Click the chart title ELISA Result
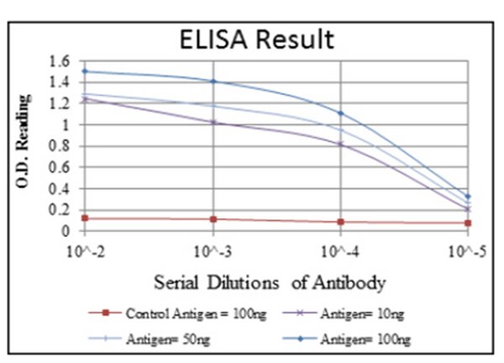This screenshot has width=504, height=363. [x=260, y=39]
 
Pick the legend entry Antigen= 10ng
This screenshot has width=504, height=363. [x=362, y=314]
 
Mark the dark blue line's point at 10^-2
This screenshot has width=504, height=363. [x=84, y=71]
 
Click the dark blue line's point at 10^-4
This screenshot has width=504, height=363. [x=340, y=113]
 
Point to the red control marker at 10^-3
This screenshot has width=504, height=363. [x=213, y=219]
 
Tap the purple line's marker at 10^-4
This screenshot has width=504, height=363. [x=340, y=144]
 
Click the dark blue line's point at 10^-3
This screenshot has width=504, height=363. [x=213, y=82]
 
